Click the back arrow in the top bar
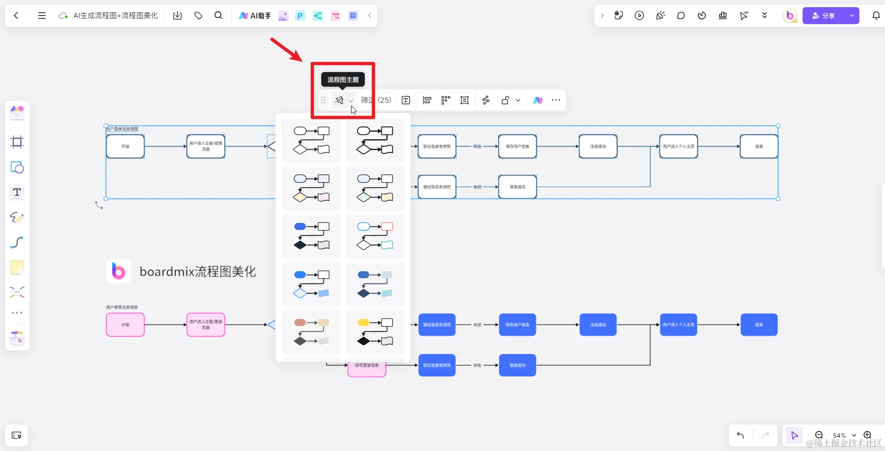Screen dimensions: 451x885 16,16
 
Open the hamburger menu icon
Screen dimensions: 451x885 42,16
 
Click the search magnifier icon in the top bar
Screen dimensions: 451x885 218,16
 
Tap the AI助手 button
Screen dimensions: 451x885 255,16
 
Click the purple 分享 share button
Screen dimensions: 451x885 823,16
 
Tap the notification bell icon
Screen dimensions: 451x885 876,16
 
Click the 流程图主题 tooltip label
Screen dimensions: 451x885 343,80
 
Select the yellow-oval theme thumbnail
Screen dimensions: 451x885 375,332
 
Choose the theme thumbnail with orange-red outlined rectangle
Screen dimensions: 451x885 375,236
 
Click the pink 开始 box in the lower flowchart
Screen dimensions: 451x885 125,325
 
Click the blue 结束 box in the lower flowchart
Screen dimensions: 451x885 759,325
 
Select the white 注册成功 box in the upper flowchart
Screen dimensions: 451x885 598,146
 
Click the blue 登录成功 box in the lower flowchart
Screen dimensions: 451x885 517,365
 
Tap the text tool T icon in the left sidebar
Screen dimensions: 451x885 17,193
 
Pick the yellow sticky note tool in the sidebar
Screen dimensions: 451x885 17,267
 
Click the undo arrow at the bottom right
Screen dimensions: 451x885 741,435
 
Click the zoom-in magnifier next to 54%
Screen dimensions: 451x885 867,435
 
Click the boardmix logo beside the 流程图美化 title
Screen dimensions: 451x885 118,271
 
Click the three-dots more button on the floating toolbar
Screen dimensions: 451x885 556,100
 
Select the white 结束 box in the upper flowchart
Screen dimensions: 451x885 759,146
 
